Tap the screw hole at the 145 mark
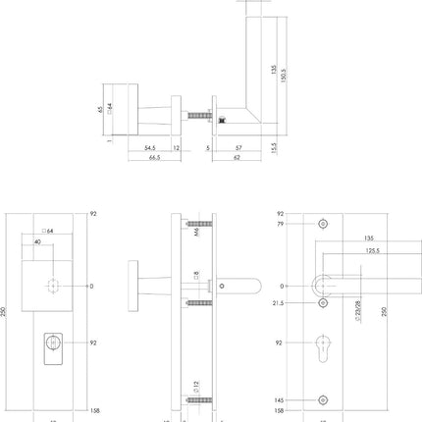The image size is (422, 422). tap(323, 399)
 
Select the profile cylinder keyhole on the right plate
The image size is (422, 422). tap(323, 348)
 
